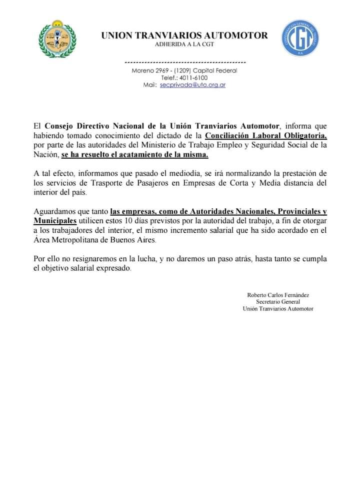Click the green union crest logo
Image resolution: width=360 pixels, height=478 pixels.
pyautogui.click(x=58, y=39)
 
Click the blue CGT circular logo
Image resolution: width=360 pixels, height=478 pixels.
pyautogui.click(x=300, y=39)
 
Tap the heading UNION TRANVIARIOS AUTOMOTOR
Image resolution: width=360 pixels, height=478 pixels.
pyautogui.click(x=184, y=36)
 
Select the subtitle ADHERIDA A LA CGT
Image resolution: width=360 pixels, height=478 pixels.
pyautogui.click(x=184, y=45)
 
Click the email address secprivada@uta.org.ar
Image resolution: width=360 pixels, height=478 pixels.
pyautogui.click(x=192, y=85)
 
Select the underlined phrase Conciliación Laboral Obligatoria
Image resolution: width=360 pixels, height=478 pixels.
pyautogui.click(x=266, y=136)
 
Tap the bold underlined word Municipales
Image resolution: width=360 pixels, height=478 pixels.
pyautogui.click(x=55, y=221)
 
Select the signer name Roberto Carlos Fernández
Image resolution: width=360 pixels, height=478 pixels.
pyautogui.click(x=278, y=295)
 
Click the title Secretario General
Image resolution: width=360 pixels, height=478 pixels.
pyautogui.click(x=278, y=302)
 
